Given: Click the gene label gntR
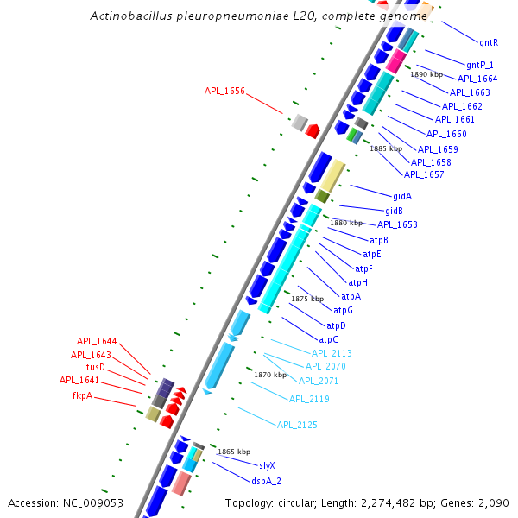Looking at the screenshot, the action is coord(489,41).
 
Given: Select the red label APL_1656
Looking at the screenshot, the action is coord(225,90).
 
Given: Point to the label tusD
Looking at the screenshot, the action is coord(95,367).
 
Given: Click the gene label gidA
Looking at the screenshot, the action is coord(402,196).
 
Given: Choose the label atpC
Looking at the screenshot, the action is coord(329,339).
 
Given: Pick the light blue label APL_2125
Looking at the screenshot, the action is coord(297,425).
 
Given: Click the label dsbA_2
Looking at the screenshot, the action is coord(267,480).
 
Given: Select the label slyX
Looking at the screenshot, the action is coord(267,465).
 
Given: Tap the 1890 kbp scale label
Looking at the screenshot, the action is coord(427,74).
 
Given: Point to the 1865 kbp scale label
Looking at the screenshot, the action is coord(234,452).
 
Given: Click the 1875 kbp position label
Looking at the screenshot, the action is coord(306,299).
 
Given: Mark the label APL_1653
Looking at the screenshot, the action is coord(397,224).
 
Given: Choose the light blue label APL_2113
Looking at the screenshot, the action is coord(332,353).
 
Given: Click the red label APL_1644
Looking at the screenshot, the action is coord(97,341).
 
